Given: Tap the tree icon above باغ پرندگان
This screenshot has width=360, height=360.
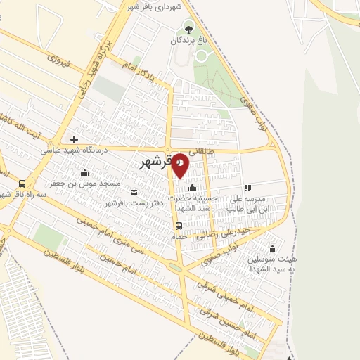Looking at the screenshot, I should (188, 28).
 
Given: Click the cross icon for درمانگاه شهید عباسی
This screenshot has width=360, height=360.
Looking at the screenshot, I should (74, 139).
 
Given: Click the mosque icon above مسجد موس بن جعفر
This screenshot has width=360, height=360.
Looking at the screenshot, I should (85, 172).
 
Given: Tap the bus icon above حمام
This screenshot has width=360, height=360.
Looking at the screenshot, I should (179, 226).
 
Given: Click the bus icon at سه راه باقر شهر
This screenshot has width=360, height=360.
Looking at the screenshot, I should (21, 184).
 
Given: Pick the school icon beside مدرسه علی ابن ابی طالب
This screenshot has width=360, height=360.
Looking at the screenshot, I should (247, 188).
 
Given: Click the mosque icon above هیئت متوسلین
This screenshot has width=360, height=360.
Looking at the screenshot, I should (273, 249).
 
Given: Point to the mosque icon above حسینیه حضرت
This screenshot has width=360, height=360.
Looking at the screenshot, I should (192, 188).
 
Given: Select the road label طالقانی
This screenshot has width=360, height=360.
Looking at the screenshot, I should (217, 150).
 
